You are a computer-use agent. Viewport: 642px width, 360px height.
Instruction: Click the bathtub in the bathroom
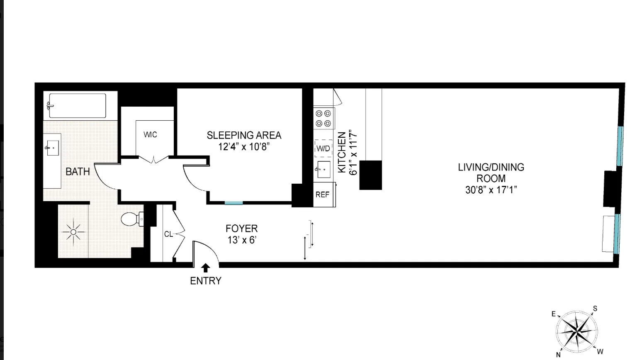pos(78,106)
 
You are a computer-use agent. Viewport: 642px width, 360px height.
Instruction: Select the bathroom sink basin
pos(53,148)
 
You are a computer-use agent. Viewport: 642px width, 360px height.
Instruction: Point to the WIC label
pos(150,135)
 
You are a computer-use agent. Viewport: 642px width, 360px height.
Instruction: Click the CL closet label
pos(168,234)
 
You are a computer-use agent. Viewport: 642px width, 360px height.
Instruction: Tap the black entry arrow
pos(206,268)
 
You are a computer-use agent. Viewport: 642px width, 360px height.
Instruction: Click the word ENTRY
pos(206,281)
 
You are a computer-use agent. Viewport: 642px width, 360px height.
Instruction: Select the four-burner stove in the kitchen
pos(323,118)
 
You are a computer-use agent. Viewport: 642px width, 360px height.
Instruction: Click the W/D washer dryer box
pos(323,148)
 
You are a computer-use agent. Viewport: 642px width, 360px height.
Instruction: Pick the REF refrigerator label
pos(323,195)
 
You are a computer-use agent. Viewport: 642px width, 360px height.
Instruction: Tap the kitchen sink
pos(323,169)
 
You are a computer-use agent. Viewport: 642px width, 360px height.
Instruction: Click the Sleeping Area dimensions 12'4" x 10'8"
pos(244,147)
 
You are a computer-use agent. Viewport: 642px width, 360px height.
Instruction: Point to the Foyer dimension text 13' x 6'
pos(242,240)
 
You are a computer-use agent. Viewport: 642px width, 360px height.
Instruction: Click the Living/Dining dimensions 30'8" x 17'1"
pos(491,190)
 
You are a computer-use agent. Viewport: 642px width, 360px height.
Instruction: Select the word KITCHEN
pos(342,152)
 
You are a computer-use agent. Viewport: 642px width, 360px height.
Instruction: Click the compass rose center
pos(577,331)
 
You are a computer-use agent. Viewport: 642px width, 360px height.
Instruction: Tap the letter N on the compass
pos(559,355)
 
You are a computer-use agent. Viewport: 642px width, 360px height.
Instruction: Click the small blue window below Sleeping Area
pos(233,203)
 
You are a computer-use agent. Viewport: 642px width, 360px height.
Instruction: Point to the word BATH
pos(78,171)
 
